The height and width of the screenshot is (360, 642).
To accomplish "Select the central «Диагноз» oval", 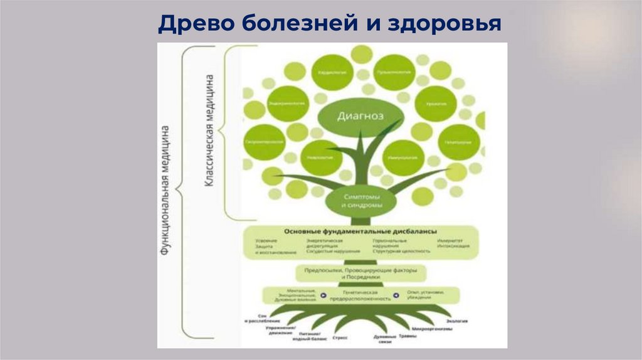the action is pos(360,115).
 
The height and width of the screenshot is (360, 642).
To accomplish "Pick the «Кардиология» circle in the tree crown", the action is pos(333,72).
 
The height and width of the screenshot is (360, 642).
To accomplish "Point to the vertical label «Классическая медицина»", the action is pos(212,132).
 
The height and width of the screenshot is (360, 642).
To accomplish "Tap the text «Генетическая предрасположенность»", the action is pos(360,295).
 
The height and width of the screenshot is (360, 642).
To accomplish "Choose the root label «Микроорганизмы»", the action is pos(431,328).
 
